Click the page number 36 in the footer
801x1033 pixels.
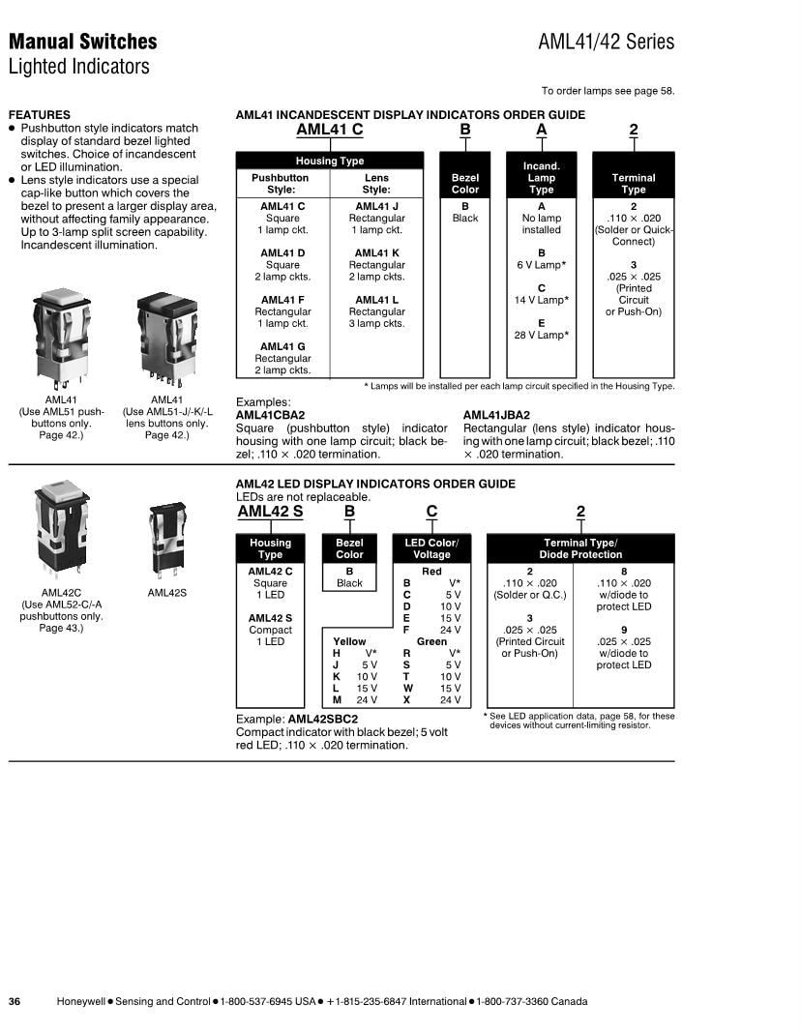point(15,1001)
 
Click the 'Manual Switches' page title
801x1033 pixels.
point(82,42)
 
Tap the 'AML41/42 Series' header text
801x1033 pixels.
point(606,43)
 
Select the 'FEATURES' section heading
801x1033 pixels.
point(39,114)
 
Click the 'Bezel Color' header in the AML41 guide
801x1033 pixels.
point(465,184)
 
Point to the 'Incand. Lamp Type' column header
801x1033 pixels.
point(541,178)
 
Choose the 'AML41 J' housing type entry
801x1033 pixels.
point(376,206)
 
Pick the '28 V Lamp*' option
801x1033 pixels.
point(541,335)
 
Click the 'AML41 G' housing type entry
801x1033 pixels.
point(282,346)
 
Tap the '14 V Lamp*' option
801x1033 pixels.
point(541,300)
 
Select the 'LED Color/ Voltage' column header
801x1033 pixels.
point(431,548)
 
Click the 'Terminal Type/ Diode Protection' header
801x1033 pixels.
point(579,548)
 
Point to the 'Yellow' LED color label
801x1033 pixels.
point(349,641)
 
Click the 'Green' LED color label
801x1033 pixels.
point(431,641)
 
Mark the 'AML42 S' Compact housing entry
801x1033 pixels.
point(270,618)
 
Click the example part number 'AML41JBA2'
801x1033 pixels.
point(496,415)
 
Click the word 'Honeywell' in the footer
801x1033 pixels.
point(81,1001)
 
